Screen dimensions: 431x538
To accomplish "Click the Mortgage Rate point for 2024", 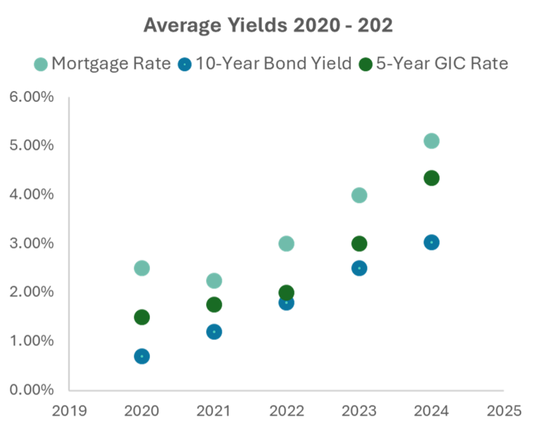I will pos(431,141).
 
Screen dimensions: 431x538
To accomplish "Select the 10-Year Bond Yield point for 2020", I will pos(141,356).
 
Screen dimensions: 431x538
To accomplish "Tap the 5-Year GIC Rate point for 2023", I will pos(359,244).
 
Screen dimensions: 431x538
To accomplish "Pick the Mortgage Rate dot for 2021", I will pos(214,280).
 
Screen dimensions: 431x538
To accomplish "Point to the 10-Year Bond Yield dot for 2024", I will pos(431,242).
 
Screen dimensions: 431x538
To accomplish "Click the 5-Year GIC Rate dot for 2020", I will pos(141,317).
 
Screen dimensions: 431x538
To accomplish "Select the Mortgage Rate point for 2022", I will pos(287,243).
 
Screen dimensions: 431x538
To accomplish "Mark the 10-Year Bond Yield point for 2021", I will pos(214,331).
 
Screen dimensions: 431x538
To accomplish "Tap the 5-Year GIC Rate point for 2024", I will pos(431,178).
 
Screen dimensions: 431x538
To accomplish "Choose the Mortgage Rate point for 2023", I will pos(359,195).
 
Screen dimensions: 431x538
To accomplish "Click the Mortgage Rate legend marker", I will pos(40,64).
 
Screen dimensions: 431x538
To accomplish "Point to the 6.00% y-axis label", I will pos(32,97).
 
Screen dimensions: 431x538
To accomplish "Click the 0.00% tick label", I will pos(32,389).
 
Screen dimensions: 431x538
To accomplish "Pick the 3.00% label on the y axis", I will pos(32,243).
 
